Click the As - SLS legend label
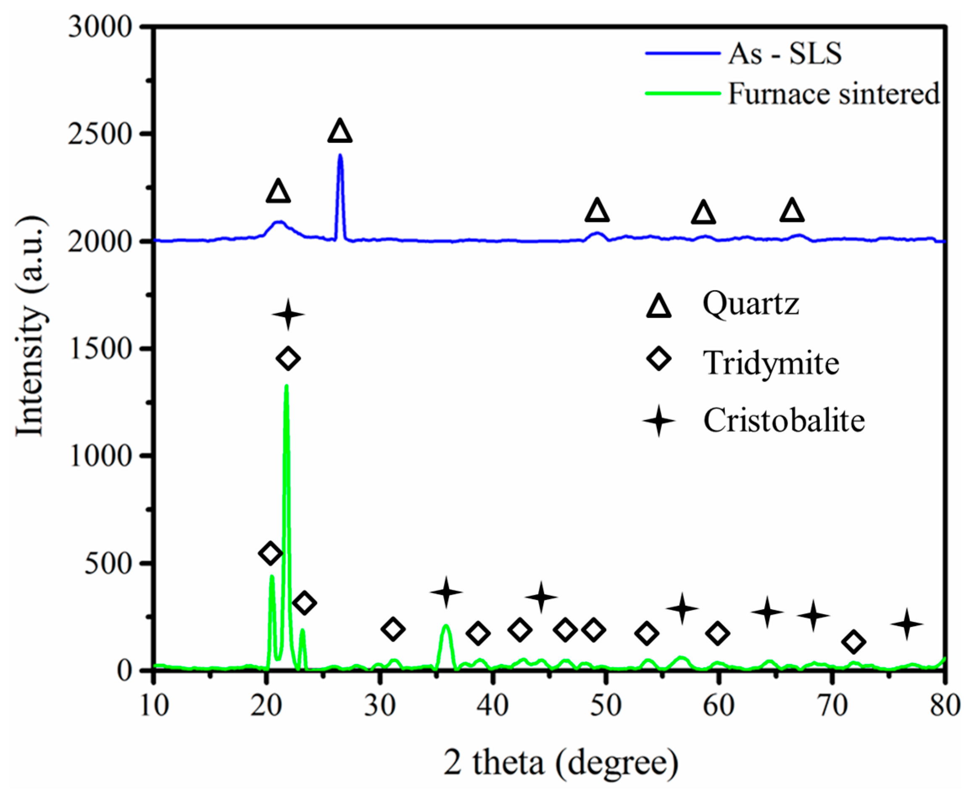[785, 54]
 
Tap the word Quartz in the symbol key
[750, 304]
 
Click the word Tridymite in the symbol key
[771, 363]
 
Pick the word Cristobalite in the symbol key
[784, 420]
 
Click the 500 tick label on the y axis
[108, 563]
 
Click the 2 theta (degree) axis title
[560, 763]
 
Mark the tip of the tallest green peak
[287, 386]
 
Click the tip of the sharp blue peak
[340, 155]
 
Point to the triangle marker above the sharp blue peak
[340, 132]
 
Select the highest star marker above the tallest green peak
[288, 314]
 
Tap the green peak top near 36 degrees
[446, 625]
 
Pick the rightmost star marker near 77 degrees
[906, 624]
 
